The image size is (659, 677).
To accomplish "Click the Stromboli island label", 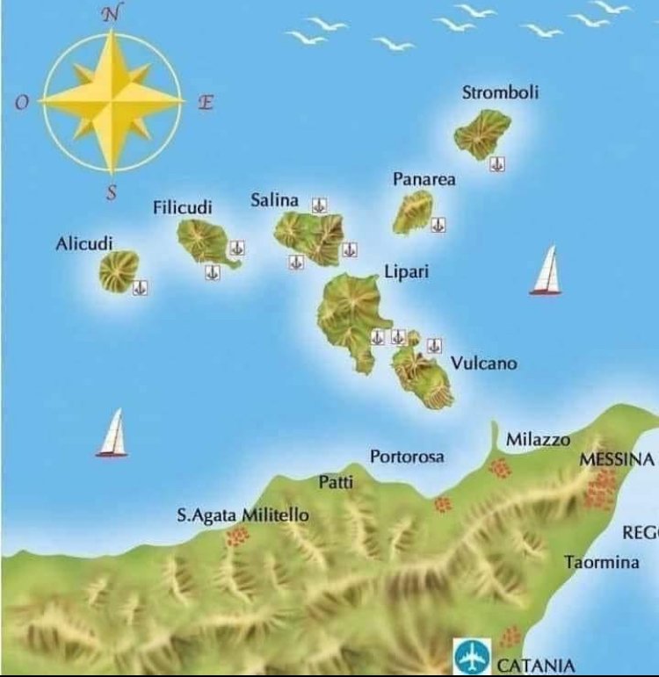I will [x=500, y=93].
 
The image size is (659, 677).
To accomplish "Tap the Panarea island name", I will [x=424, y=179].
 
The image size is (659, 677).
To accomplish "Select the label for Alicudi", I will [x=84, y=244].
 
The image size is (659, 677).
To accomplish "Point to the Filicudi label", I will [x=183, y=208].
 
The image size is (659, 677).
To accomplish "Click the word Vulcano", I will [x=484, y=363].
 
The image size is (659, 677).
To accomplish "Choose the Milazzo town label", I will [x=538, y=439].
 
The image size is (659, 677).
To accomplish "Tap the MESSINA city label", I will [x=616, y=460].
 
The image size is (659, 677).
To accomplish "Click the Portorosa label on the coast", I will [x=407, y=457].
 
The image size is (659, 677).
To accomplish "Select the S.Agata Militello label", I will [x=243, y=515].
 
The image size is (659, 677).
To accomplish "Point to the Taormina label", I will [x=602, y=562].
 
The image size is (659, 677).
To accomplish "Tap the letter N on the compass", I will [x=111, y=13].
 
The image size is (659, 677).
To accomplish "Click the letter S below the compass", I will [x=112, y=194].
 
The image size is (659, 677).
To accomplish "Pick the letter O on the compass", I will [x=22, y=103].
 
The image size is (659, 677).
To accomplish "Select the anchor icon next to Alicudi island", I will [x=139, y=287].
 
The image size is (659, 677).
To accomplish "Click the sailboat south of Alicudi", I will [x=112, y=434].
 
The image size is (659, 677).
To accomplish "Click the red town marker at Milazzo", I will [x=499, y=468].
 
